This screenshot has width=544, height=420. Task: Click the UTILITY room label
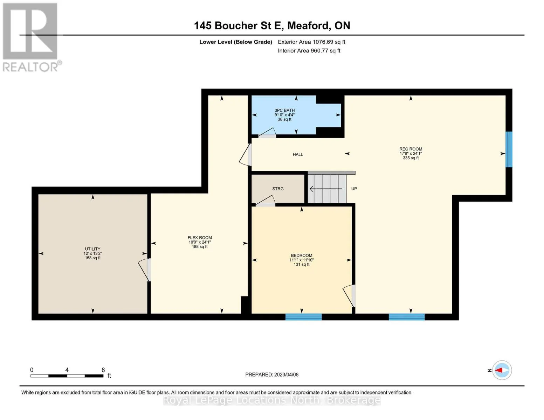(92, 249)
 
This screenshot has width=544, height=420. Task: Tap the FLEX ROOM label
(200, 238)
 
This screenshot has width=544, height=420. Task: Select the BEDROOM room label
(301, 255)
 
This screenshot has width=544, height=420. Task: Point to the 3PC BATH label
(285, 110)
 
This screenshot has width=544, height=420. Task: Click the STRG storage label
(278, 189)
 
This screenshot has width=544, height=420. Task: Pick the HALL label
(298, 155)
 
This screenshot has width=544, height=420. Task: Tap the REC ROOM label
(411, 149)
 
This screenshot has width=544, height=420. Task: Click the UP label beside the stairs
(354, 189)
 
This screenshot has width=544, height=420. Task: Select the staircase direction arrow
(326, 189)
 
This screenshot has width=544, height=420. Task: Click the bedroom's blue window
(303, 317)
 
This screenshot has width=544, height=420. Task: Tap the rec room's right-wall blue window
(509, 149)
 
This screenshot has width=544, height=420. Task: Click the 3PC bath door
(267, 133)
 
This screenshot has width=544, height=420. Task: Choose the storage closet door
(266, 201)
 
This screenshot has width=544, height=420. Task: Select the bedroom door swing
(349, 296)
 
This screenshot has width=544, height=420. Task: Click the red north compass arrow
(498, 370)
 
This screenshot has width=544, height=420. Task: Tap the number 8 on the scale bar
(103, 370)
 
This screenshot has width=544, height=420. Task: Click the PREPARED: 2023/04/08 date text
(272, 374)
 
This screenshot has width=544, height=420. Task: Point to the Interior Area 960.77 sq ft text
(309, 51)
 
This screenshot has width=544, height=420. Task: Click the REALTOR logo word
(30, 67)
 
